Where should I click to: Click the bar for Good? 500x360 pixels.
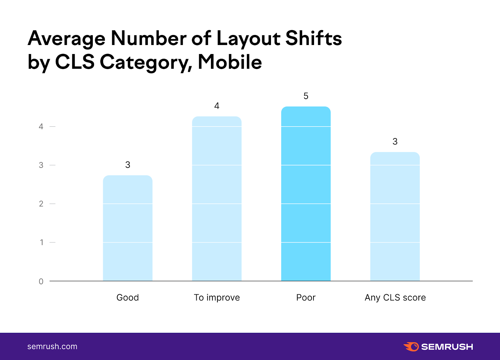(127, 228)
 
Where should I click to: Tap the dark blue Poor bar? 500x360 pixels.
(306, 194)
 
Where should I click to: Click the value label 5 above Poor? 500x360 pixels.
(306, 96)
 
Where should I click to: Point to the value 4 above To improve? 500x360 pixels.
(217, 106)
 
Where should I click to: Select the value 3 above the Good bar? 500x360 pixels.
(127, 165)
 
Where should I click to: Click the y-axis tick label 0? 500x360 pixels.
(41, 282)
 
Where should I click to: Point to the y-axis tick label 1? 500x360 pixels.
(41, 242)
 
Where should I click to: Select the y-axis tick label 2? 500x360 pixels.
(41, 204)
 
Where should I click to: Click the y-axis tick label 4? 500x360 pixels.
(41, 127)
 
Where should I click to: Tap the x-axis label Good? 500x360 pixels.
(127, 297)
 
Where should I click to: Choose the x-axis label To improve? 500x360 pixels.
(217, 297)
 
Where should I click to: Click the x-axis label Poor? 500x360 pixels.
(306, 297)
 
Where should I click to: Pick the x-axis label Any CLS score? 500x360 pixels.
(395, 297)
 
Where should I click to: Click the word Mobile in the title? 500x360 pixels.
(230, 62)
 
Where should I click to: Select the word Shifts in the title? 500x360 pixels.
(313, 38)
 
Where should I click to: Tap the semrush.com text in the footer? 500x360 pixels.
(52, 347)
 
